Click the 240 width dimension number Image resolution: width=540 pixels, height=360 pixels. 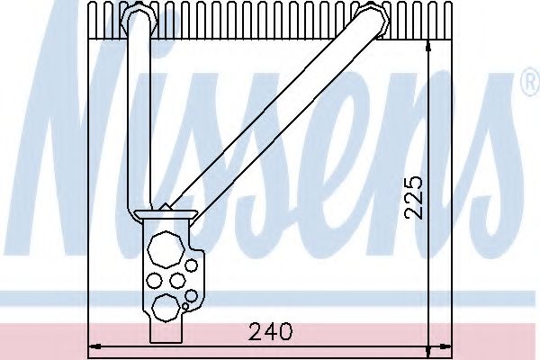(272, 332)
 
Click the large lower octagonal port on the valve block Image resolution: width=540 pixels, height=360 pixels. (165, 307)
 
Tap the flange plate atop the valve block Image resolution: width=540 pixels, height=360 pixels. (166, 214)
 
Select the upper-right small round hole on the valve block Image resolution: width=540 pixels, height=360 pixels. (192, 266)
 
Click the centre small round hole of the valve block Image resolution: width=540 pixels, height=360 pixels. (178, 280)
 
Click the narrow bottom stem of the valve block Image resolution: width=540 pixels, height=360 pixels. (167, 335)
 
